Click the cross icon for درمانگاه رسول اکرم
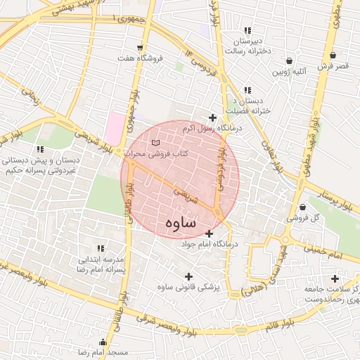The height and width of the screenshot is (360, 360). pos(212,117)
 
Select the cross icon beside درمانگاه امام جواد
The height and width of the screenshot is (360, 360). pos(209,233)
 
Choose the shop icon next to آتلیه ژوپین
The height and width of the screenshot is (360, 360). pos(290,61)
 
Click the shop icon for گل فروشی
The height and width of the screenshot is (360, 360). pos(302,207)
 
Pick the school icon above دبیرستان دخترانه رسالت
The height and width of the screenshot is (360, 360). pos(247,30)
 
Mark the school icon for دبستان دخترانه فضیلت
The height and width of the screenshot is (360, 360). pos(247,91)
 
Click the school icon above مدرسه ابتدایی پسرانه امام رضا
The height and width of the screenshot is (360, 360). pos(100,248)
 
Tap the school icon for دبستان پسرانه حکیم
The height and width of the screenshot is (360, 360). pos(40,149)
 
